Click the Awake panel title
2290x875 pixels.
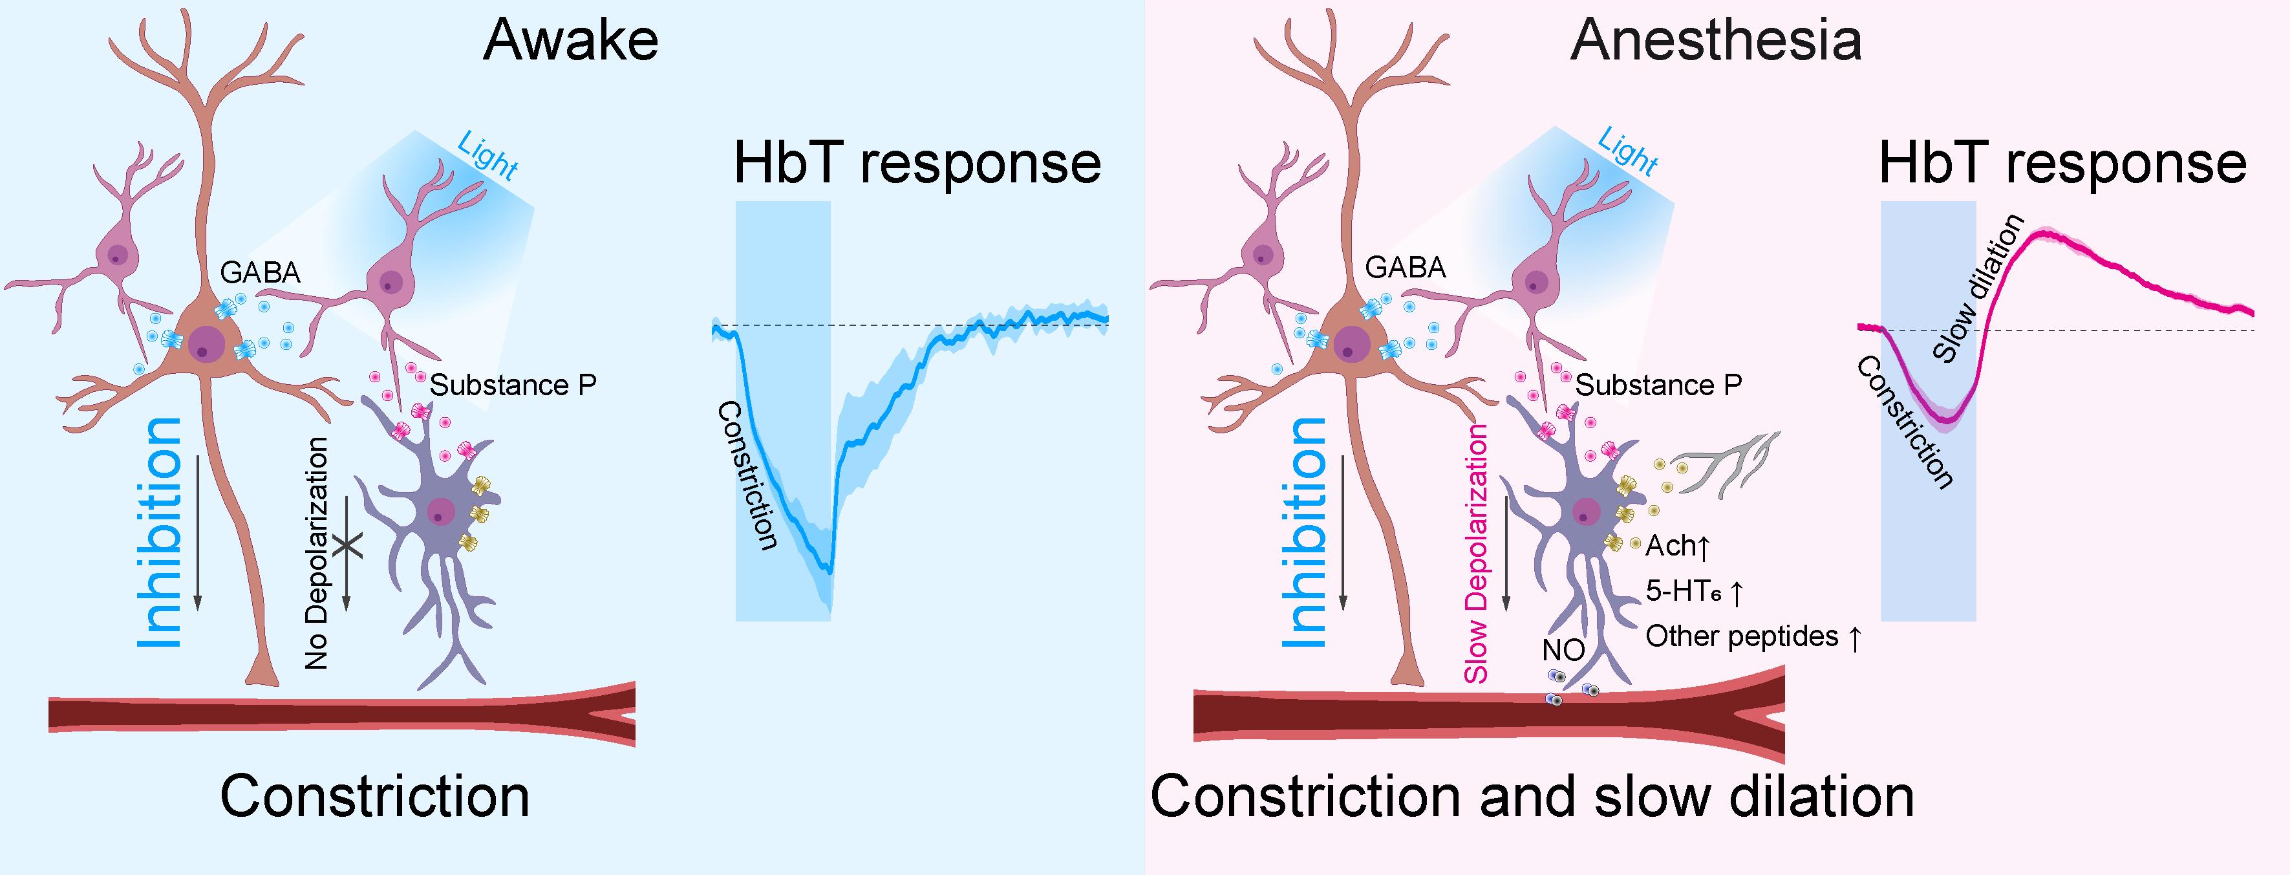point(571,41)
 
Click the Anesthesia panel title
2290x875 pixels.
point(1716,41)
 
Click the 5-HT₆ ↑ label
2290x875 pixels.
point(1693,590)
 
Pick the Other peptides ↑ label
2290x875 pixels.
point(1752,636)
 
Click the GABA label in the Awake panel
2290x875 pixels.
point(261,272)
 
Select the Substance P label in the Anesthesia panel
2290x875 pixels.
point(1658,385)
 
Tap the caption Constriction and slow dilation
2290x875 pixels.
point(1532,797)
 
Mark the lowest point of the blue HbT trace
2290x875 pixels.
point(829,570)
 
